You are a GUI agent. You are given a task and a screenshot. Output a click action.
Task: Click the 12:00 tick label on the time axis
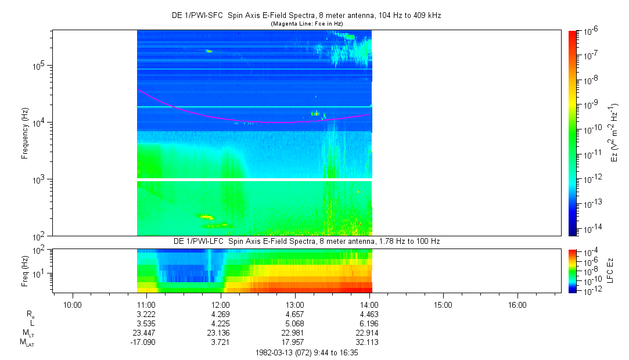[221, 304]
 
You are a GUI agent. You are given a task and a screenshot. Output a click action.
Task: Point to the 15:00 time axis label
[443, 304]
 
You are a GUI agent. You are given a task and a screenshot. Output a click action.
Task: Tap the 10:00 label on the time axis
[72, 304]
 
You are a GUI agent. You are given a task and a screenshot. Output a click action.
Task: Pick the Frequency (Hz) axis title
[25, 133]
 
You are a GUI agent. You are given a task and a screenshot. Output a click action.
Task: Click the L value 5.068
[295, 323]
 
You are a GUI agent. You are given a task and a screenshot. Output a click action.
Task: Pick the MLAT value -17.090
[145, 342]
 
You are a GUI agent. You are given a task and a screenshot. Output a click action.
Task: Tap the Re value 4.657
[295, 314]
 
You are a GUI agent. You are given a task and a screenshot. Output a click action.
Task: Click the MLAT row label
[27, 343]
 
